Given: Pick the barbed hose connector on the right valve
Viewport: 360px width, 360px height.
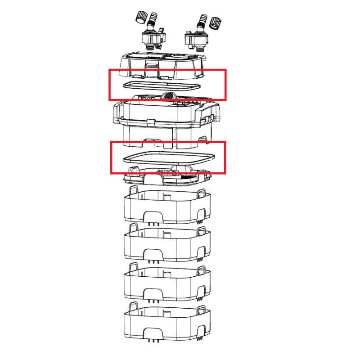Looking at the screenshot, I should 200,21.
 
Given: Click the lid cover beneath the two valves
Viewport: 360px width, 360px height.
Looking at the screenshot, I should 164,65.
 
